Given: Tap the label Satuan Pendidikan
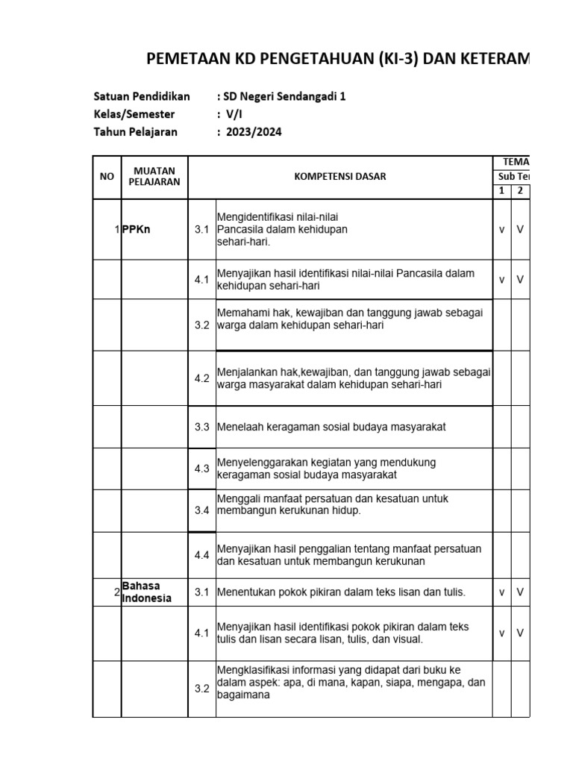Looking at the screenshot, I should tap(142, 96).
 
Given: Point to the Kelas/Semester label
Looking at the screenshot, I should tap(134, 114).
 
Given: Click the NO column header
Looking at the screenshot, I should tap(107, 177).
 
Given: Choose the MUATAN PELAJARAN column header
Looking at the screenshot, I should tap(154, 177).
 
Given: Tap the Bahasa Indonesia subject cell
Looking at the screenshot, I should tap(147, 592).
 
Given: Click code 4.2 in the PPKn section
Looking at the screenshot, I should tap(202, 378).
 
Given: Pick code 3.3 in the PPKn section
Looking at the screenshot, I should tap(202, 428).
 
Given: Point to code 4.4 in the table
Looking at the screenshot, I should tap(202, 555).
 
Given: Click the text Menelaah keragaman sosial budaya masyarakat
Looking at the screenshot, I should tap(331, 428).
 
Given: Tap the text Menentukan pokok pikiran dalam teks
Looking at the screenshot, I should tap(341, 592).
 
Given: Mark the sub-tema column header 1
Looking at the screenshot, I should tap(502, 191).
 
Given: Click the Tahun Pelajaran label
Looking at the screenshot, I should tap(136, 132).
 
